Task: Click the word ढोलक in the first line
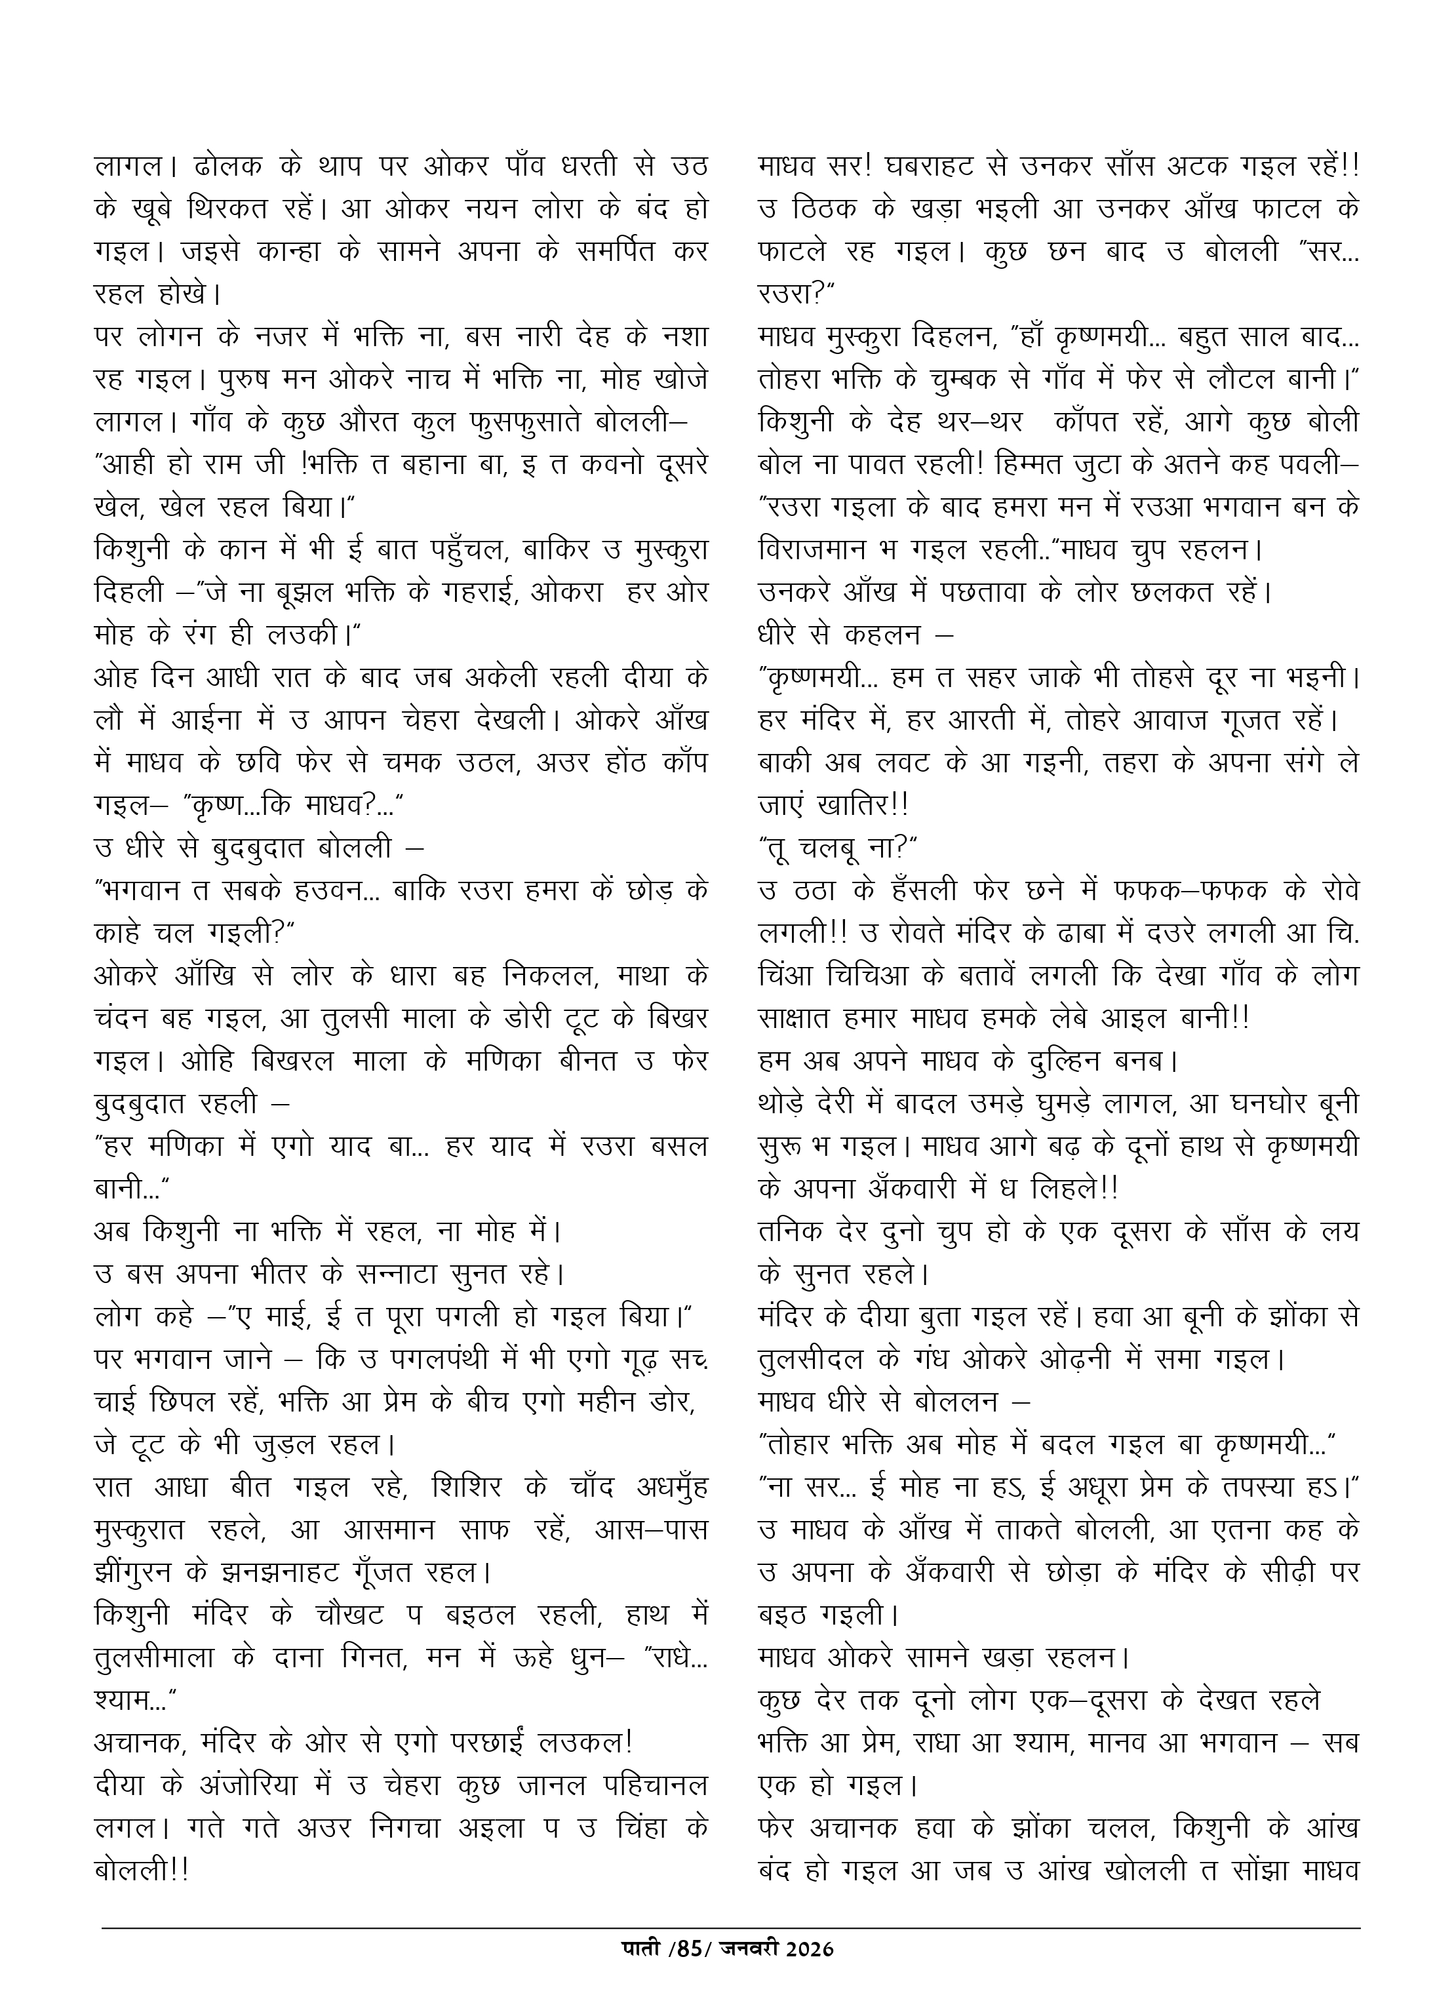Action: pyautogui.click(x=227, y=167)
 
